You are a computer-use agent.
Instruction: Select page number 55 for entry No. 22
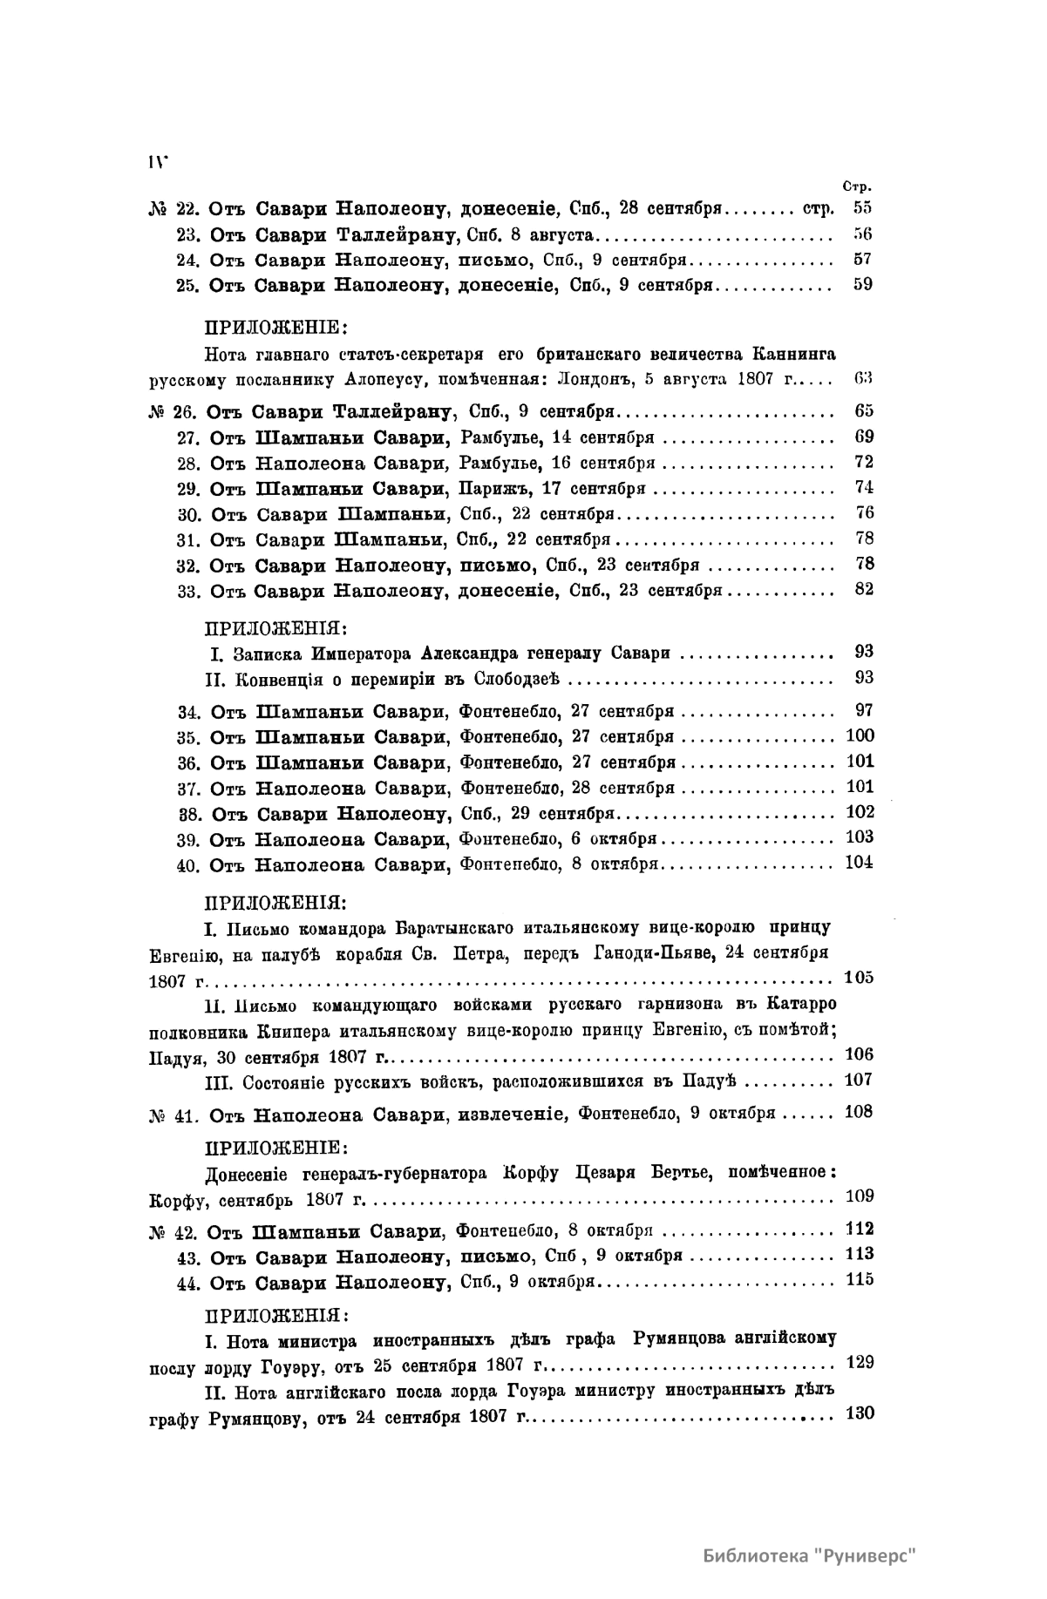click(862, 209)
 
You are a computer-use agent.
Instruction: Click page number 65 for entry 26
click(863, 411)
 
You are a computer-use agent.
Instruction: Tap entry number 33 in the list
click(189, 591)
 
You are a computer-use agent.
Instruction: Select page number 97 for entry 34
click(863, 711)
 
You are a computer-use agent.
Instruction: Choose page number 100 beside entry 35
click(860, 736)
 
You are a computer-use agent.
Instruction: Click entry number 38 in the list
click(189, 814)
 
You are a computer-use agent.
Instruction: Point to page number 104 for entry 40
click(860, 864)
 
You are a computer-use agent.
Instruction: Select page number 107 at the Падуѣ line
click(860, 1080)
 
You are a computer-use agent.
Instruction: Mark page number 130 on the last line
click(860, 1413)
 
